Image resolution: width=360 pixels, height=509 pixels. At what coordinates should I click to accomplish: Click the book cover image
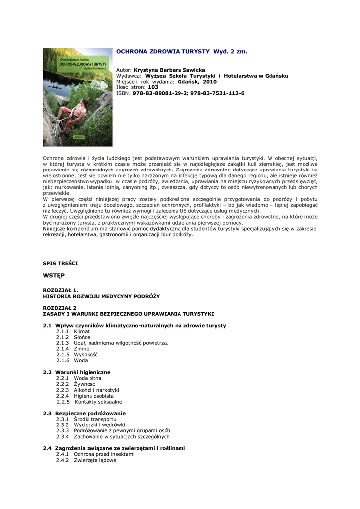[x=78, y=97]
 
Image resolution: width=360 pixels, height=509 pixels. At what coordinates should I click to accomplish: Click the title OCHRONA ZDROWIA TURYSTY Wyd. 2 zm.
[x=181, y=51]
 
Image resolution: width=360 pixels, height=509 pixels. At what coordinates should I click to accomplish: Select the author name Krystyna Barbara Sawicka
[x=170, y=70]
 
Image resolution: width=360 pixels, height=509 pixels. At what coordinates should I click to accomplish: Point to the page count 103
[x=153, y=87]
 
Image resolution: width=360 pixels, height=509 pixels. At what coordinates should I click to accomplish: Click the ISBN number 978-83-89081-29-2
[x=159, y=93]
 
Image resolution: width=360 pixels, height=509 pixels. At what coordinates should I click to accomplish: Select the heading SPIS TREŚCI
[x=60, y=263]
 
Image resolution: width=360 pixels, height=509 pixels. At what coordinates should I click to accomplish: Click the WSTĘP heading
[x=54, y=275]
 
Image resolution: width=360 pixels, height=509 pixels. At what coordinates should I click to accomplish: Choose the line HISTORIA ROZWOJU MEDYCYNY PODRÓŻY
[x=101, y=296]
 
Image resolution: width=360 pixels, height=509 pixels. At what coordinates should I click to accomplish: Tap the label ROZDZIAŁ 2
[x=60, y=308]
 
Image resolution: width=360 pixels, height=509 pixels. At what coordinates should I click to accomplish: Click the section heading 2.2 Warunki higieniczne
[x=77, y=372]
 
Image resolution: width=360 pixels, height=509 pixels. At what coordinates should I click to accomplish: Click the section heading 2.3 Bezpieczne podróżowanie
[x=85, y=413]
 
